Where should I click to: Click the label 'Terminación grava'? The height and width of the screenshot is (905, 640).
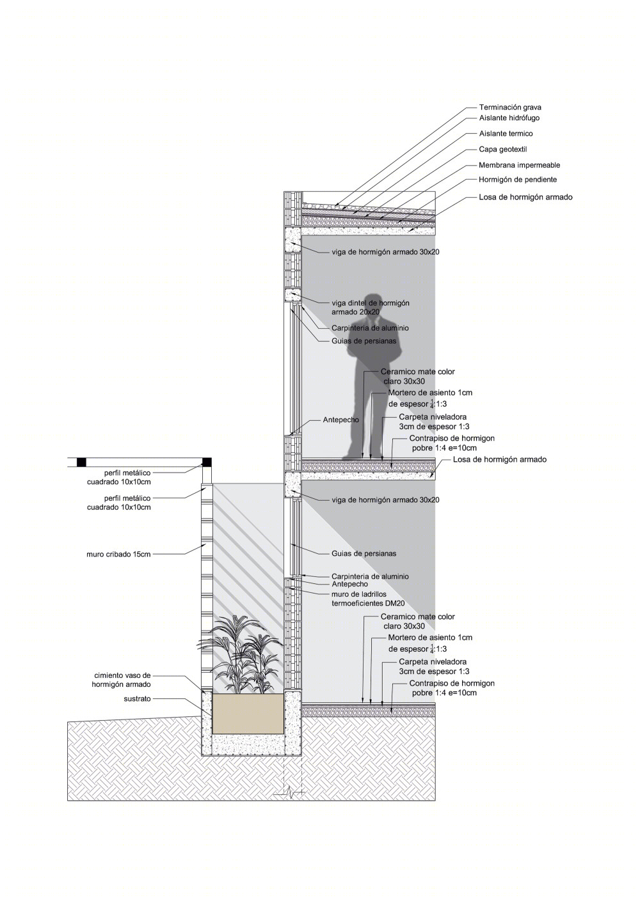pyautogui.click(x=510, y=107)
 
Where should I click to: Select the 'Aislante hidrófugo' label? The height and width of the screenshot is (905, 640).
pyautogui.click(x=509, y=118)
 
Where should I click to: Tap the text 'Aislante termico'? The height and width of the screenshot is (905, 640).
pyautogui.click(x=506, y=134)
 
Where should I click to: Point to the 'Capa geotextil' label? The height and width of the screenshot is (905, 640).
pyautogui.click(x=502, y=150)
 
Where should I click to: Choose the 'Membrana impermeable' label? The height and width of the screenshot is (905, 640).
pyautogui.click(x=519, y=165)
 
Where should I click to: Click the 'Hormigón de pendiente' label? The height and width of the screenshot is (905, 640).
pyautogui.click(x=517, y=180)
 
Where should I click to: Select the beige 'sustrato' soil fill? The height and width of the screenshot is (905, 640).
pyautogui.click(x=248, y=715)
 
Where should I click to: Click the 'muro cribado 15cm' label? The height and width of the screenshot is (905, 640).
pyautogui.click(x=118, y=555)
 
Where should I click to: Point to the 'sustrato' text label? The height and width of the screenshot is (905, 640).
pyautogui.click(x=137, y=699)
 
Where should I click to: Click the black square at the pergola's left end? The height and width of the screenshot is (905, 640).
pyautogui.click(x=81, y=462)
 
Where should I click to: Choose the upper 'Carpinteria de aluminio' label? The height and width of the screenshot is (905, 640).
pyautogui.click(x=370, y=328)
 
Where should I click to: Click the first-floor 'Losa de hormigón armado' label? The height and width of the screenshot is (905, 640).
pyautogui.click(x=499, y=459)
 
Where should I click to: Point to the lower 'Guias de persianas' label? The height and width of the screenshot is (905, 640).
pyautogui.click(x=364, y=553)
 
